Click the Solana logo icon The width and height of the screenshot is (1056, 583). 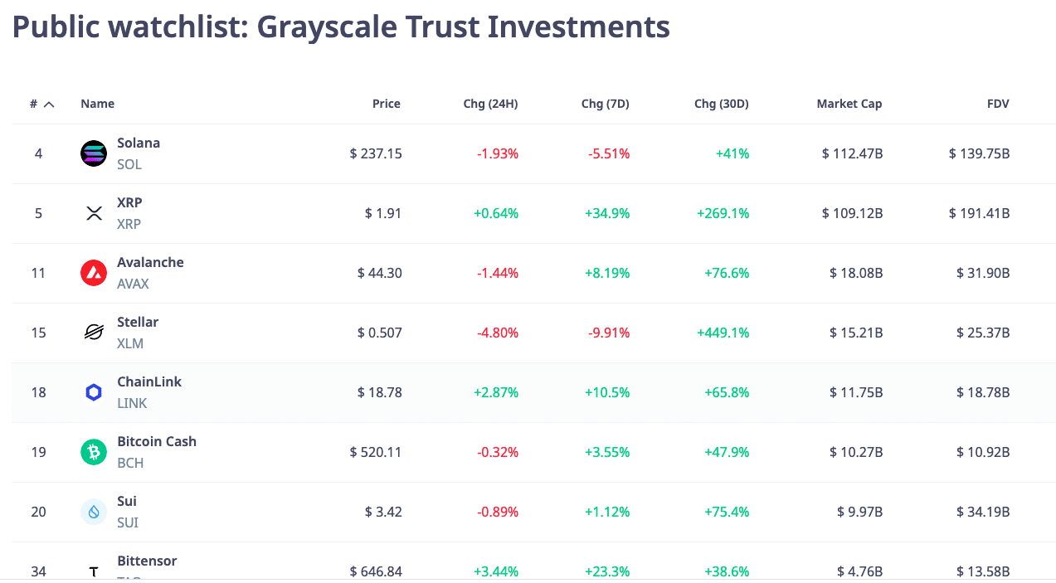94,153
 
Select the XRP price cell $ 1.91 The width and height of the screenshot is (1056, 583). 383,213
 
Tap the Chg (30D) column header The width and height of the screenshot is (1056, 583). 722,104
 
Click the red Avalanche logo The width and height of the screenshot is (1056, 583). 94,273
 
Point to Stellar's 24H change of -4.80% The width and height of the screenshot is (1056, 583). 498,333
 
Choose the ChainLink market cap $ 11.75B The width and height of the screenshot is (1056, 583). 856,392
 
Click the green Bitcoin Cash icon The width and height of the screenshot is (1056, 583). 94,452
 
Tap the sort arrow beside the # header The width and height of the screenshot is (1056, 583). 49,104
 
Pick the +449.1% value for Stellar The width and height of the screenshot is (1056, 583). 723,333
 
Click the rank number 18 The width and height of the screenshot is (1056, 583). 38,392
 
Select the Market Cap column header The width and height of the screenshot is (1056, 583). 849,104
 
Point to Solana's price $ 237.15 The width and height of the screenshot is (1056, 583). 376,153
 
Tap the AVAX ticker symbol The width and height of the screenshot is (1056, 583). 133,284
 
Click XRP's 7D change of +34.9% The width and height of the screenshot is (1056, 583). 607,213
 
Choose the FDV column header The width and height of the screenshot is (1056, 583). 998,104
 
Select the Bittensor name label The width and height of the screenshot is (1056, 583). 147,561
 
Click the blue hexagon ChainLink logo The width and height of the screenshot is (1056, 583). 94,392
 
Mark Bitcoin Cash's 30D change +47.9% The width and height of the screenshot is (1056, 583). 727,452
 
